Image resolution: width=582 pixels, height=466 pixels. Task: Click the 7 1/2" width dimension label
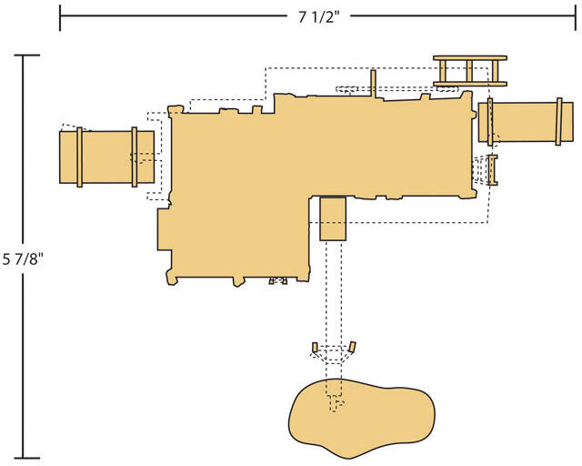point(319,17)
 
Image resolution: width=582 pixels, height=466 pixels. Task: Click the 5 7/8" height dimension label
point(23,259)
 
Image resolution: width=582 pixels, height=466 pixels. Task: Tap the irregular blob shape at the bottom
point(362,418)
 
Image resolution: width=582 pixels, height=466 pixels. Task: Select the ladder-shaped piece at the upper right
point(470,71)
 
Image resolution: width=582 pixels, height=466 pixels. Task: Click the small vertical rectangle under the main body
point(333,218)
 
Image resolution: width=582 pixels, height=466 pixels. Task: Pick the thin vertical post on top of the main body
point(374,84)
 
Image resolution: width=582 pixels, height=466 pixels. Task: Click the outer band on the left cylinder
point(79,157)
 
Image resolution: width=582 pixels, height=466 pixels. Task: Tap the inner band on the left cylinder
point(135,157)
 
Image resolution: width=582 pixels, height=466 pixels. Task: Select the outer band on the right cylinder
point(558,122)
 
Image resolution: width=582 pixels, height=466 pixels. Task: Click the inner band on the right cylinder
point(490,122)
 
